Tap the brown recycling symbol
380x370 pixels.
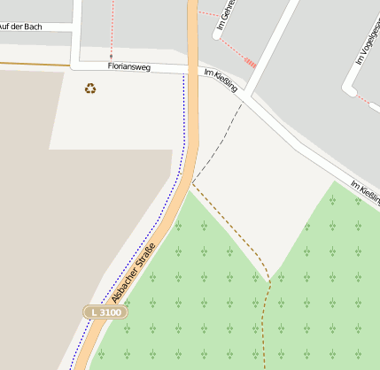point(90,88)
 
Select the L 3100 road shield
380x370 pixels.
point(106,312)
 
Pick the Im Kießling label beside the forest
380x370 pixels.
point(365,193)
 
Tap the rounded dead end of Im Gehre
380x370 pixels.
point(217,36)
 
